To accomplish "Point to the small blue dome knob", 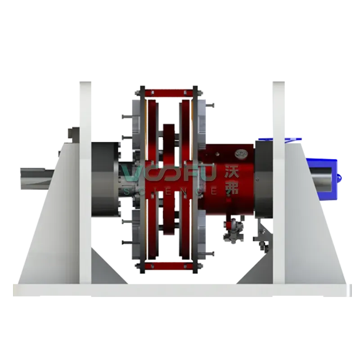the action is (340, 177).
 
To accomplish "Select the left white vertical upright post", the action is (85, 183).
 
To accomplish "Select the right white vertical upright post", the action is (279, 183).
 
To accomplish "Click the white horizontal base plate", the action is (182, 290).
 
